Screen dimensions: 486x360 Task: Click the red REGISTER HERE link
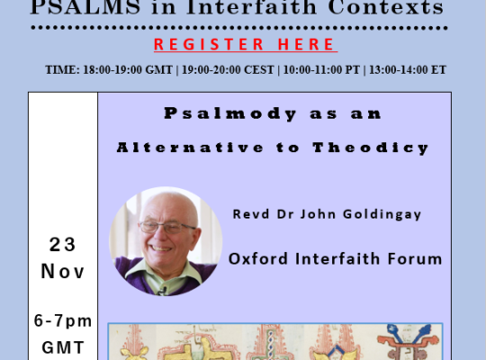point(246,44)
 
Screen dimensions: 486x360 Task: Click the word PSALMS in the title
point(85,7)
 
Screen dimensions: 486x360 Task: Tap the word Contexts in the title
point(386,7)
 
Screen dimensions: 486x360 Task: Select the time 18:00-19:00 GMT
point(128,70)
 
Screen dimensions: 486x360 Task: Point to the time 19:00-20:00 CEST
point(228,70)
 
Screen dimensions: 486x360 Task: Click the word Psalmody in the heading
point(230,113)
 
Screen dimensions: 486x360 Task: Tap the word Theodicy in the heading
point(371,148)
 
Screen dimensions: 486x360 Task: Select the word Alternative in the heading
point(190,148)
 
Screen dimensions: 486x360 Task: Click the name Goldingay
point(382,214)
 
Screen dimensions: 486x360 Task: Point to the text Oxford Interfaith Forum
point(336,258)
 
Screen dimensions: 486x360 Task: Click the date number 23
point(63,244)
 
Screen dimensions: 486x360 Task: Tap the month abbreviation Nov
point(63,271)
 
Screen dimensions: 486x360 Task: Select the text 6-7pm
point(63,321)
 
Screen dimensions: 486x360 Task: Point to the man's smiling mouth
point(160,248)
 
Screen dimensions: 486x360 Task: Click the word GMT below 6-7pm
point(63,347)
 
